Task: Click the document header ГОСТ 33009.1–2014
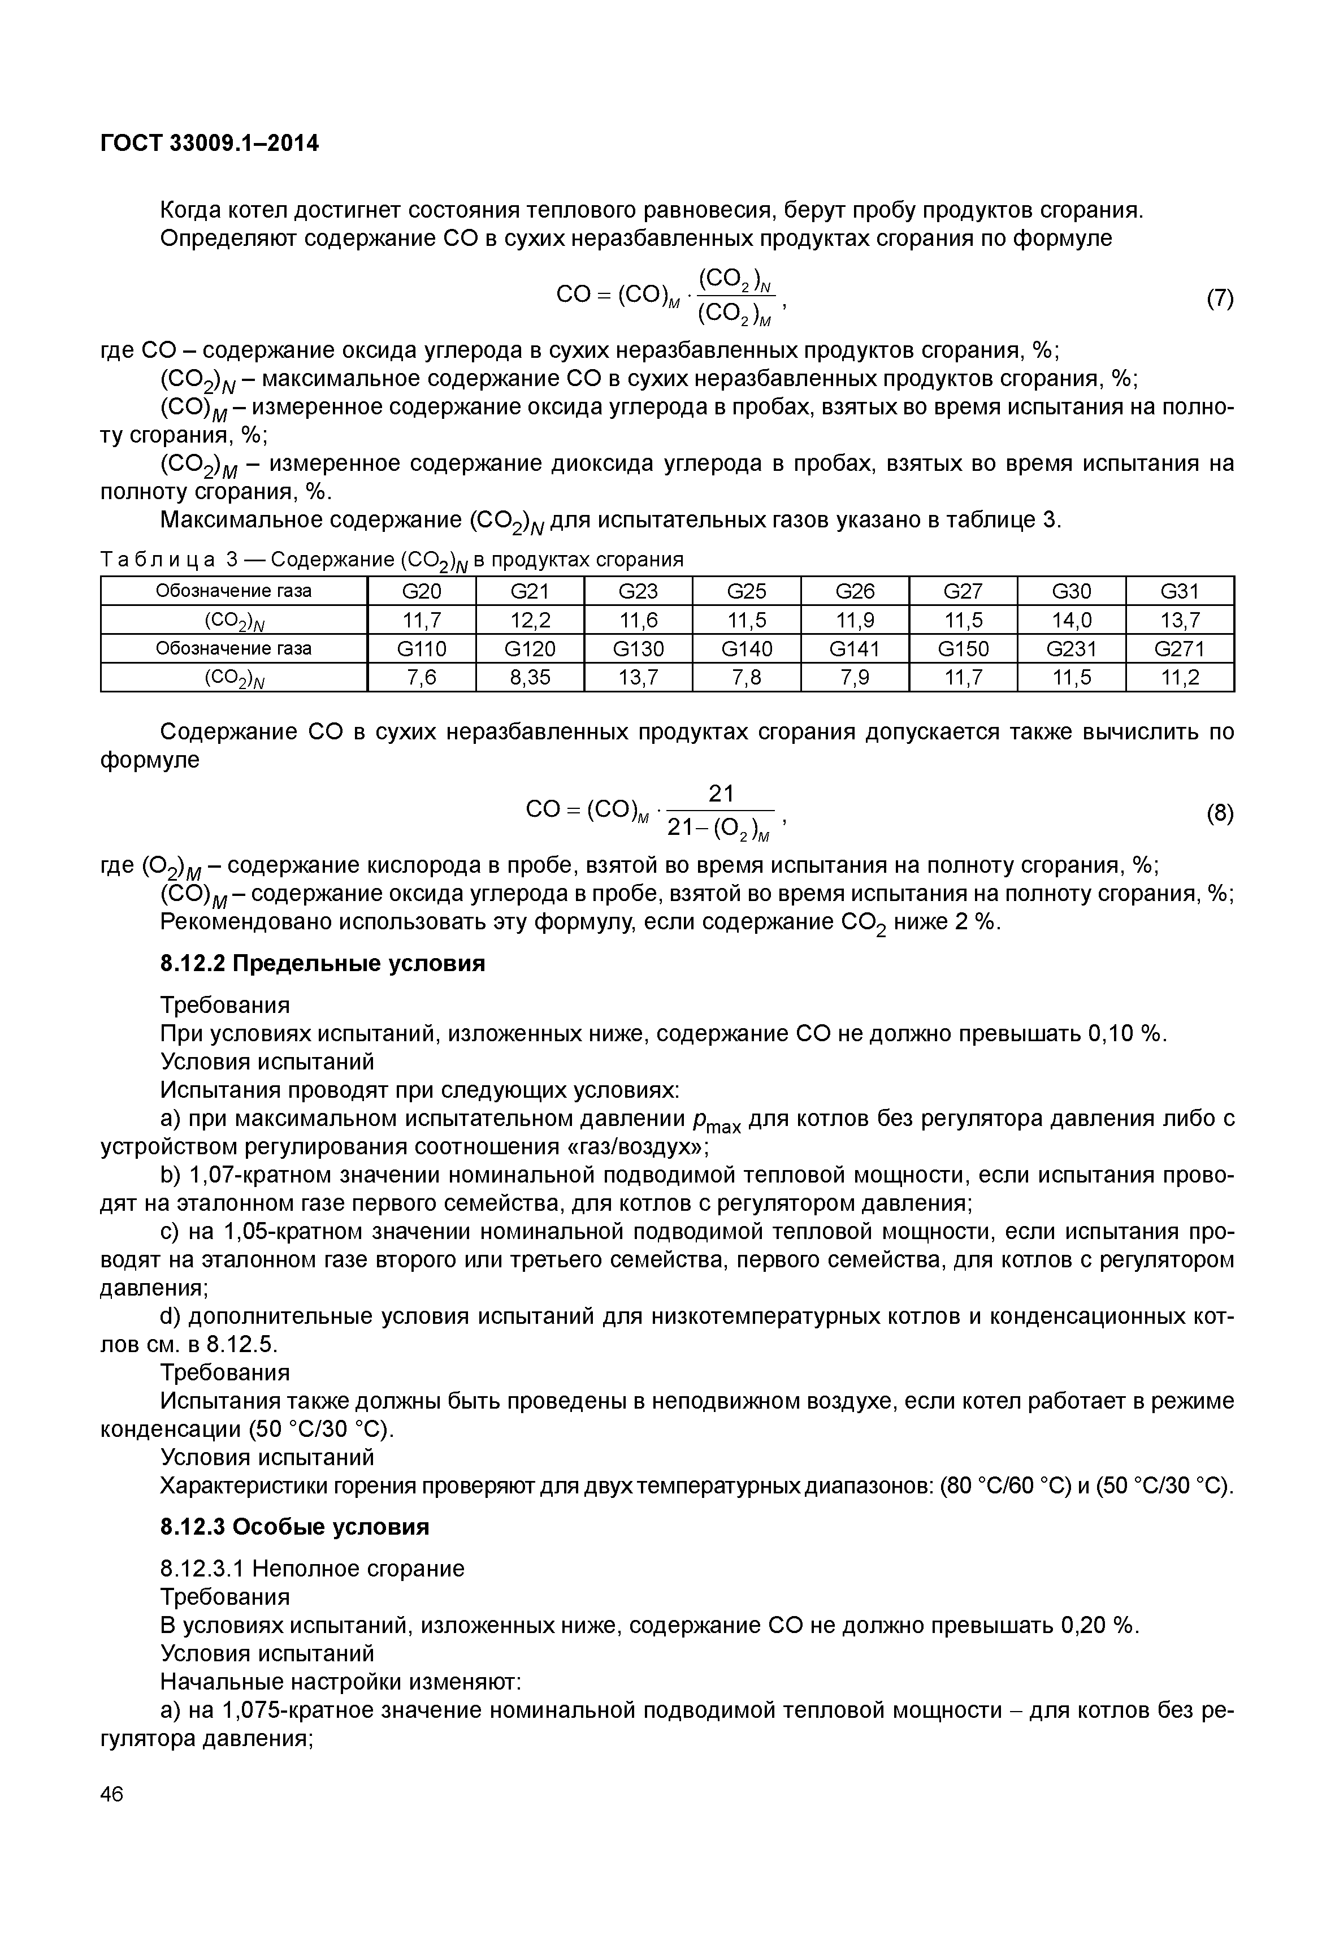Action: pyautogui.click(x=209, y=144)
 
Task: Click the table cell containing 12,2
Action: pyautogui.click(x=530, y=620)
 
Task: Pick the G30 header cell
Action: pyautogui.click(x=1072, y=591)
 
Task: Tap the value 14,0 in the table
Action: pyautogui.click(x=1072, y=620)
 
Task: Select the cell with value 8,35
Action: pyautogui.click(x=530, y=677)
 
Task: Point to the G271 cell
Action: pyautogui.click(x=1180, y=648)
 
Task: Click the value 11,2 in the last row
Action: pyautogui.click(x=1180, y=677)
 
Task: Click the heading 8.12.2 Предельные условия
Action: pyautogui.click(x=322, y=964)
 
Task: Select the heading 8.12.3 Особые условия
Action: pyautogui.click(x=294, y=1527)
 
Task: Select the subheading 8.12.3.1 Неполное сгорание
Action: pyautogui.click(x=312, y=1569)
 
